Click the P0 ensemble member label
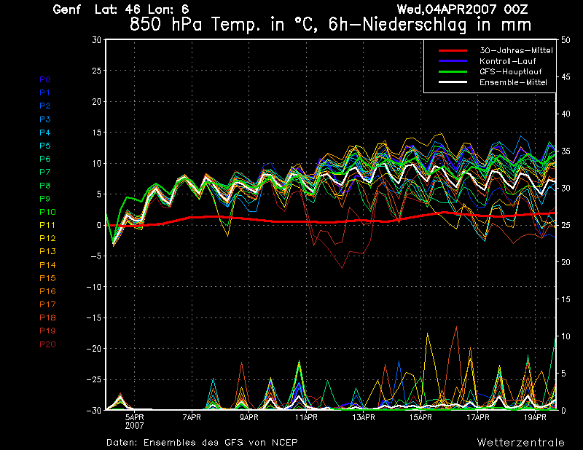point(44,79)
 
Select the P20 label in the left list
point(47,344)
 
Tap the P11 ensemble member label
point(47,225)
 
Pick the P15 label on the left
point(47,278)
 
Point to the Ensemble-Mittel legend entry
point(513,83)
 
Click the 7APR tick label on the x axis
point(192,418)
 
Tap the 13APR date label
point(364,418)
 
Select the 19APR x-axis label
point(536,418)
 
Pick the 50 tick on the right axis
point(567,39)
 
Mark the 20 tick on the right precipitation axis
point(567,262)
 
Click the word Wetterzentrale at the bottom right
point(520,442)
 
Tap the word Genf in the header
point(67,9)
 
